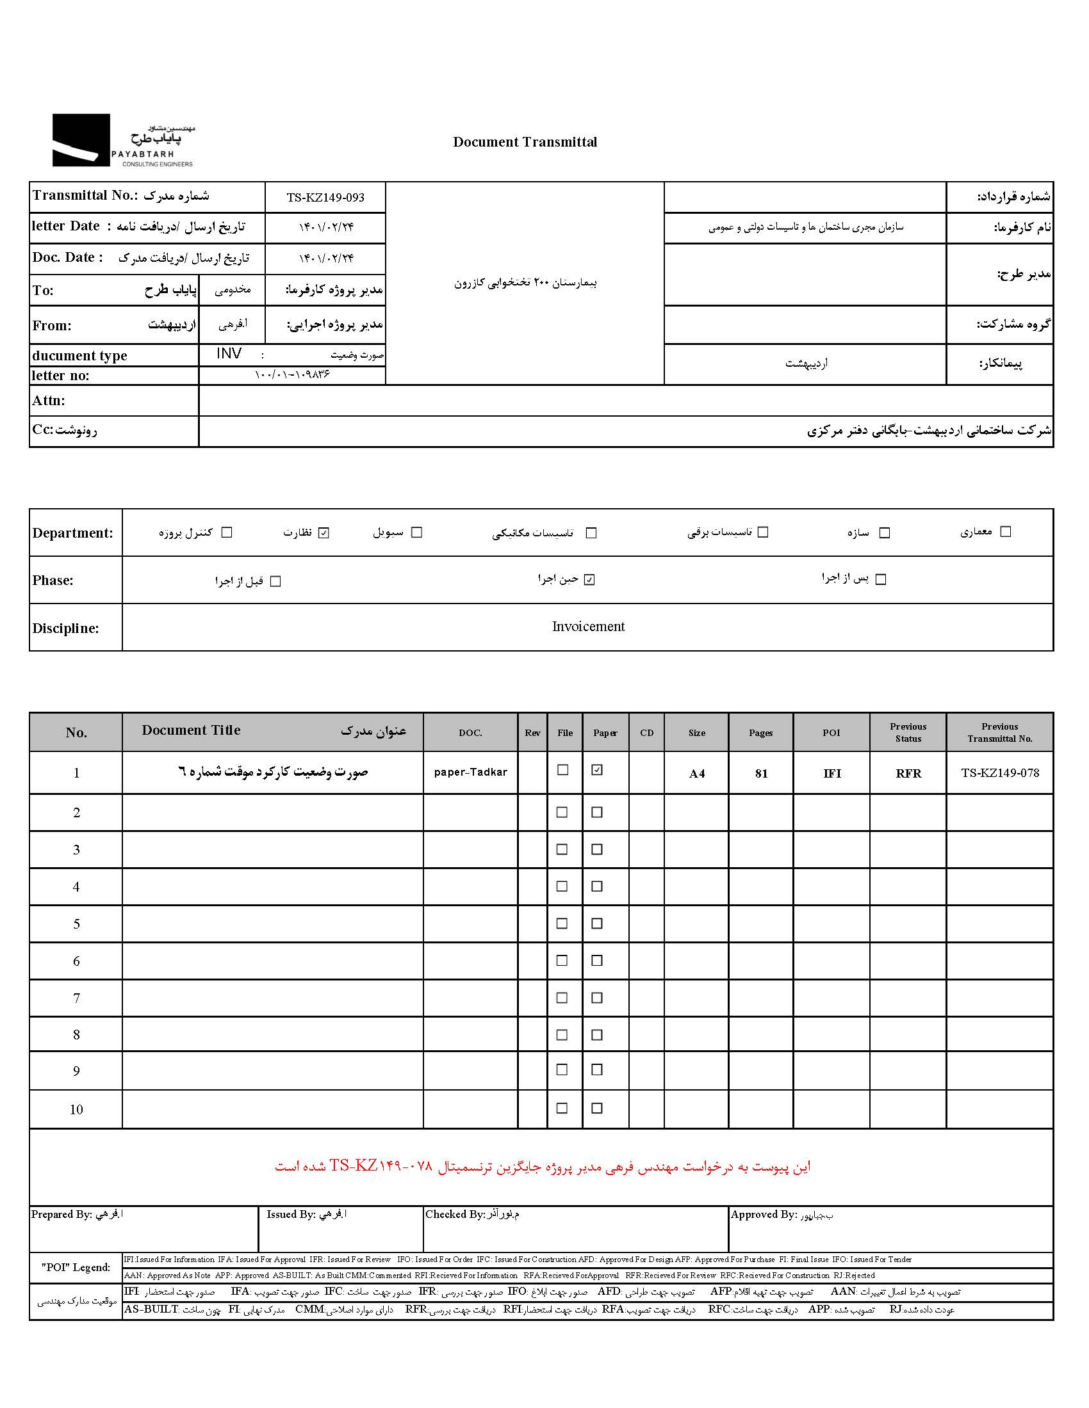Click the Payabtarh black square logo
coord(81,140)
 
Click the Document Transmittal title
coord(525,142)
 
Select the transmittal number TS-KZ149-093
coord(325,197)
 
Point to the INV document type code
coord(229,353)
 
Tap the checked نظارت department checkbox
coord(324,532)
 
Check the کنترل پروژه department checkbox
coord(226,532)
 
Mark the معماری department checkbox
coord(1005,532)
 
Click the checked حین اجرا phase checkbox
coord(589,580)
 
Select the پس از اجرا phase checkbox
coord(881,580)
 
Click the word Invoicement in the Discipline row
coord(587,627)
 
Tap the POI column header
coord(831,732)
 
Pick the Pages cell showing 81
coord(761,773)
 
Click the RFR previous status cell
coord(908,773)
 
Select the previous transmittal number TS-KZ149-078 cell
coord(999,772)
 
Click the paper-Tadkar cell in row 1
coord(470,772)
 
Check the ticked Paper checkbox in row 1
coord(597,770)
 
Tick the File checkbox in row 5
coord(562,923)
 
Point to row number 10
coord(76,1110)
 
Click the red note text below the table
coord(543,1166)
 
